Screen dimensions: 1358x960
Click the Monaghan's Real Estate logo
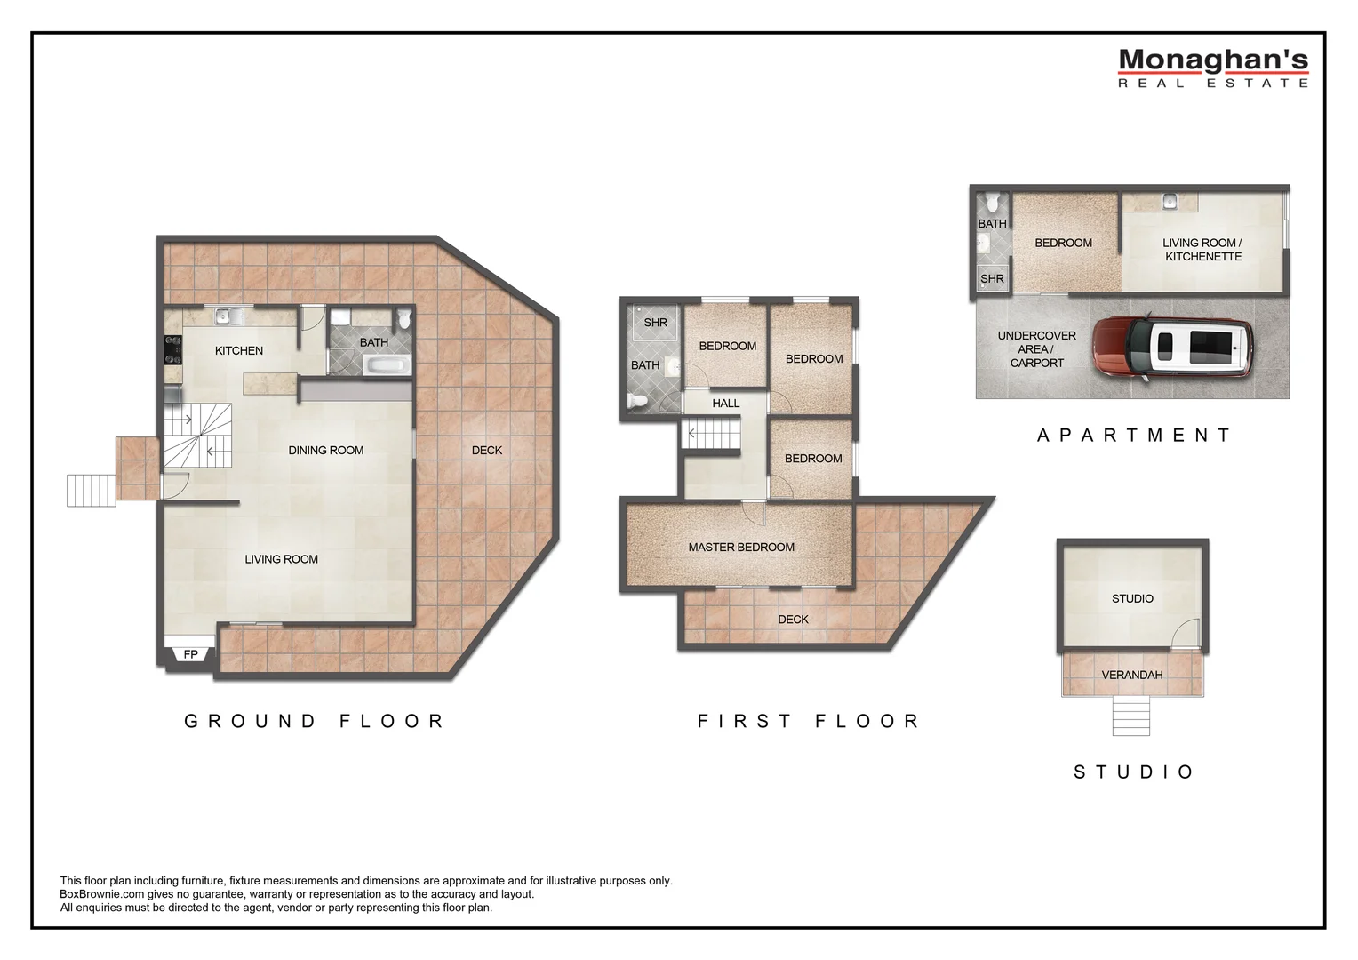tap(1213, 68)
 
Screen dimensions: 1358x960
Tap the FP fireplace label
tap(190, 654)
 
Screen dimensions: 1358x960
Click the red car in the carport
tap(1172, 348)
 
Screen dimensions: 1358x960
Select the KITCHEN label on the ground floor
tap(239, 350)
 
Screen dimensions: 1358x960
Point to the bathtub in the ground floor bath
tap(387, 365)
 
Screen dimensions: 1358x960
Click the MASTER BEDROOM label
tap(741, 547)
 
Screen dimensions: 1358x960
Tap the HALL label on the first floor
tap(726, 404)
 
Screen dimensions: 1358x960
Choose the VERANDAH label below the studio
tap(1132, 675)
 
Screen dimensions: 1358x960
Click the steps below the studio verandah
tap(1131, 716)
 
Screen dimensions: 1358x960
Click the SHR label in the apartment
tap(992, 279)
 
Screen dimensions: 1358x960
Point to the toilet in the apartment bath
tap(993, 202)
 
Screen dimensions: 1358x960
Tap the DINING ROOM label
tap(325, 451)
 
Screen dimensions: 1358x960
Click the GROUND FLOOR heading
tap(315, 721)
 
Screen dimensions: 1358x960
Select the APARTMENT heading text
tap(1134, 435)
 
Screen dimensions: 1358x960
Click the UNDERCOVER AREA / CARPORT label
tap(1036, 349)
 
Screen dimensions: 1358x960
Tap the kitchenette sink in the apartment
tap(1170, 201)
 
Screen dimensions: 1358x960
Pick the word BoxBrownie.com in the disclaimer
tap(102, 894)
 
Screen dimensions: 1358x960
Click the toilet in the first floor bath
tap(637, 401)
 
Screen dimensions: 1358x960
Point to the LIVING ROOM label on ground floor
tap(282, 559)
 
